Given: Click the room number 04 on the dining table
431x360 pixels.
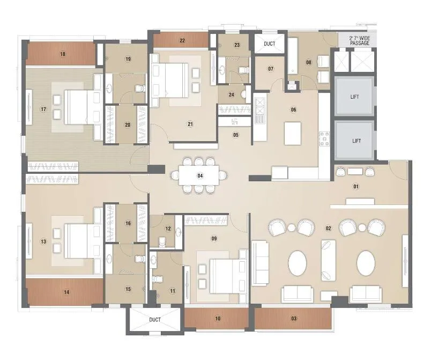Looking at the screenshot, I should (x=199, y=175).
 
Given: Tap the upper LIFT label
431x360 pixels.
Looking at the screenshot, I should (x=354, y=97).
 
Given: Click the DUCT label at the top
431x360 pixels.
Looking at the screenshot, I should (x=269, y=44).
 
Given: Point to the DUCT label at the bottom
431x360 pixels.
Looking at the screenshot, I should (x=155, y=320).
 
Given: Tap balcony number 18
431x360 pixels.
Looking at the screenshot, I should (x=63, y=54).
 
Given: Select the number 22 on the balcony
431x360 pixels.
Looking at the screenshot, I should (x=182, y=41).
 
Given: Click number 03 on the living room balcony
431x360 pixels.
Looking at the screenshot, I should (x=293, y=319).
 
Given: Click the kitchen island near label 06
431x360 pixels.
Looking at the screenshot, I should (x=293, y=133).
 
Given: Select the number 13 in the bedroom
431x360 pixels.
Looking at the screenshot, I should (x=43, y=241).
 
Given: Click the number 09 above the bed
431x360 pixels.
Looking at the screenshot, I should (x=214, y=238).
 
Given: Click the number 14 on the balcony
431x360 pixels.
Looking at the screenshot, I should (x=66, y=292).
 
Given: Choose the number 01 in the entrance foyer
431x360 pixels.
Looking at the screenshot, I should (x=354, y=186).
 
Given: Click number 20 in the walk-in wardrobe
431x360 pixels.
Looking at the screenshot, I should (x=128, y=125).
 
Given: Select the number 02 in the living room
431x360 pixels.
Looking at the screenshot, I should (x=328, y=228).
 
